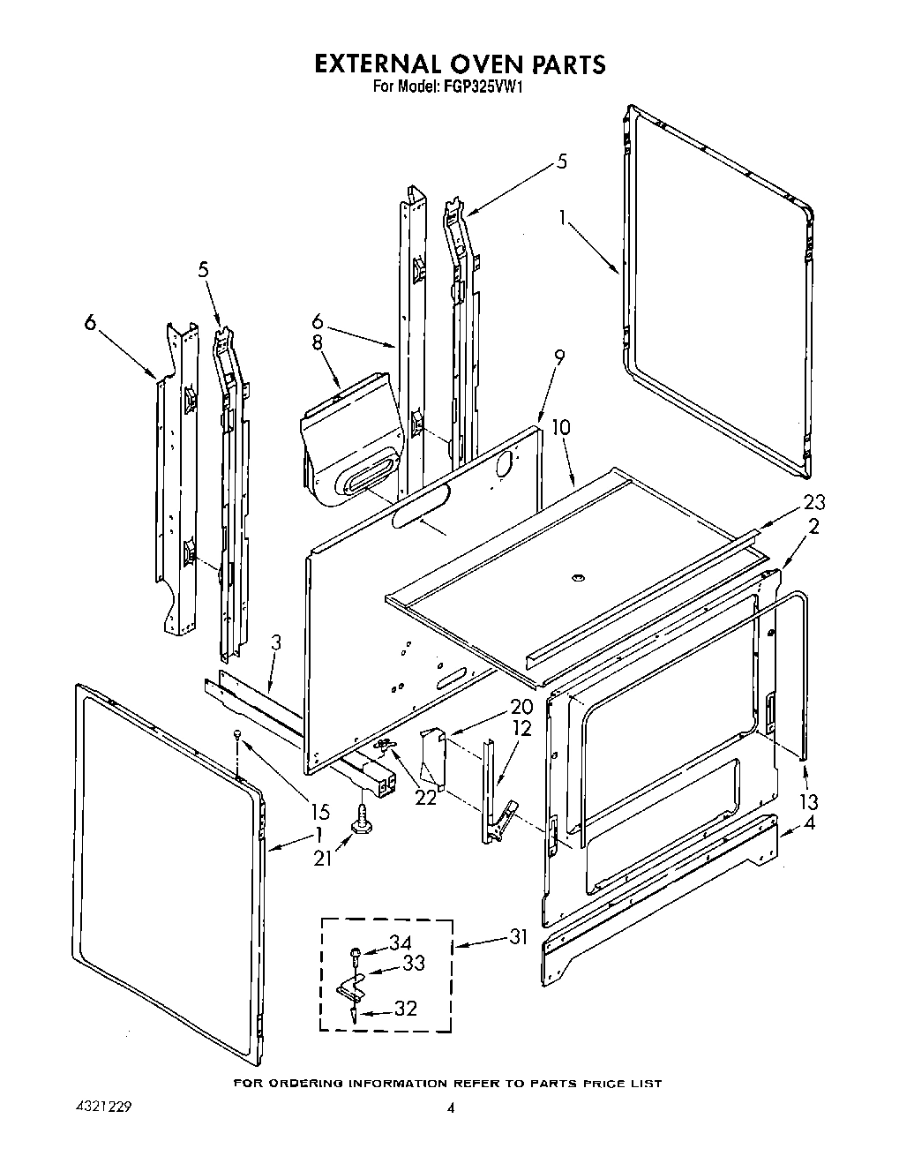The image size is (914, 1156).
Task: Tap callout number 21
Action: [323, 856]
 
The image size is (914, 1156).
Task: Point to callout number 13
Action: [807, 801]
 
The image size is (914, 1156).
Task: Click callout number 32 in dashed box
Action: [404, 1009]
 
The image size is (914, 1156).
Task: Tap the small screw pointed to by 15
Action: [236, 734]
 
